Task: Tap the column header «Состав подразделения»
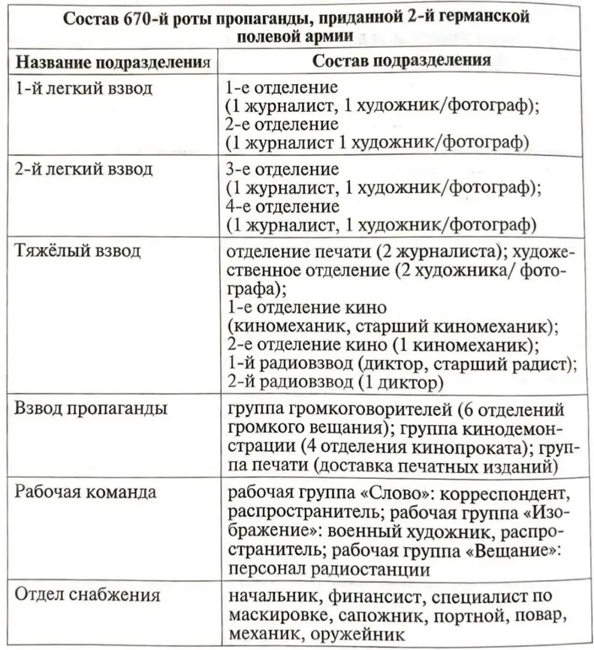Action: pos(402,60)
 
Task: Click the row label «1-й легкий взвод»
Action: pos(84,89)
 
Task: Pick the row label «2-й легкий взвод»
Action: pos(84,169)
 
